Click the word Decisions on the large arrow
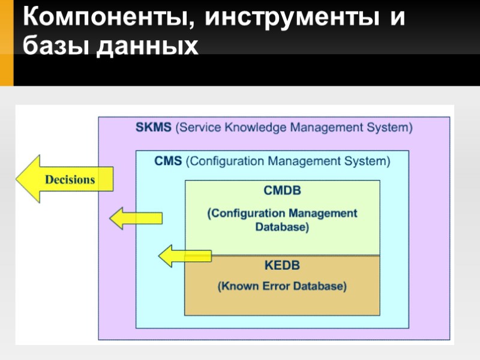pyautogui.click(x=70, y=180)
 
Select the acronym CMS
pyautogui.click(x=169, y=161)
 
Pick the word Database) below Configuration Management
pyautogui.click(x=282, y=228)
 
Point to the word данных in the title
pyautogui.click(x=146, y=46)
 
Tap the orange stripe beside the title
pyautogui.click(x=7, y=42)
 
